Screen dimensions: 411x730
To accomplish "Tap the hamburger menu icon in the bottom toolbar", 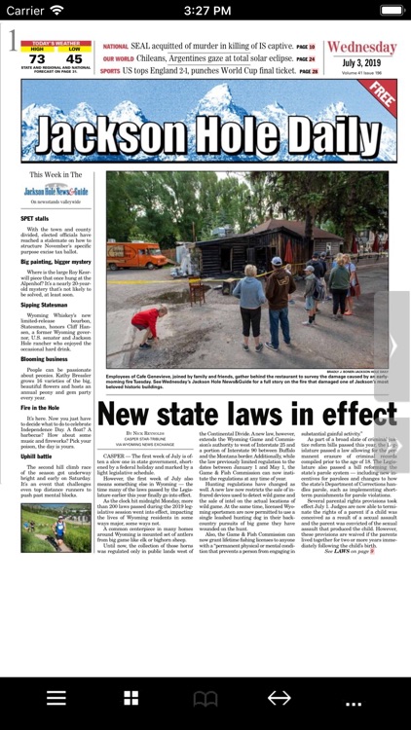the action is tap(56, 698).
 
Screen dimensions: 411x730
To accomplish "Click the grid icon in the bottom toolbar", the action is tap(131, 698).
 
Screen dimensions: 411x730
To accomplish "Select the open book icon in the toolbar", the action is tap(205, 698).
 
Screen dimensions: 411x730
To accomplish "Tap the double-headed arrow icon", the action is tap(280, 698).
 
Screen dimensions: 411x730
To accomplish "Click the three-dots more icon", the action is tap(354, 700).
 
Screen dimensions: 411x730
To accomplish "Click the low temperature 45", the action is tap(74, 59).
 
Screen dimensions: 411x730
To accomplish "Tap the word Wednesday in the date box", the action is tap(361, 49).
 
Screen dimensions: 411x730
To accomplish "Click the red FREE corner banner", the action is tap(381, 97).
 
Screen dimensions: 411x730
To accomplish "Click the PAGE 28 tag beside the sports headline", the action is tap(309, 71).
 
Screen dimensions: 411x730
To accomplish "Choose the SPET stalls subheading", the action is tap(34, 219).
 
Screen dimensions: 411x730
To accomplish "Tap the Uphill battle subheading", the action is tap(36, 456).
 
